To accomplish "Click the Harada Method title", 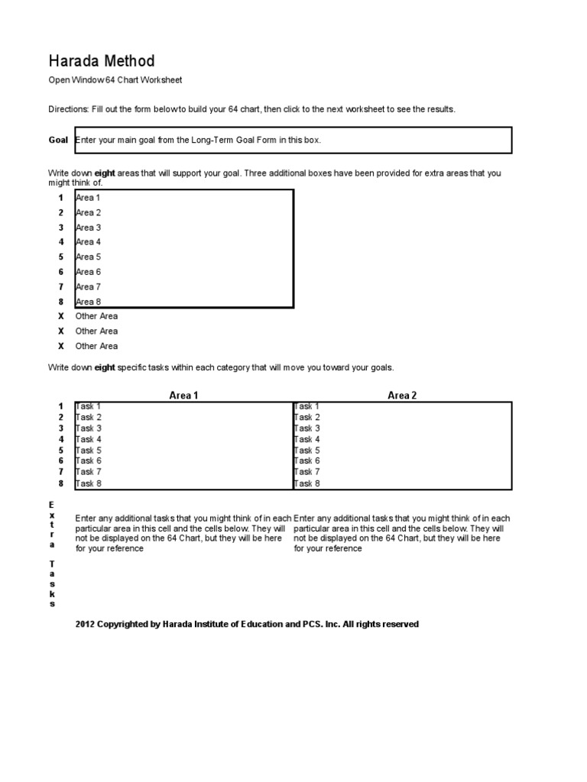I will point(102,61).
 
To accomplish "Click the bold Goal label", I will point(58,141).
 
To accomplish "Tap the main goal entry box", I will point(292,141).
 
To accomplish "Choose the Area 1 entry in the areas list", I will point(88,198).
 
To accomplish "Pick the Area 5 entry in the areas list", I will point(88,257).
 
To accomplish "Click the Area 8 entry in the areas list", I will point(88,302).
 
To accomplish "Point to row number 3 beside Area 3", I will point(60,228).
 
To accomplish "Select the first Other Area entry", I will point(96,316).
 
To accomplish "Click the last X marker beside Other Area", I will point(60,346).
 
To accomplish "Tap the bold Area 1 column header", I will point(183,396).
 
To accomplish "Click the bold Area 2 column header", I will point(402,396).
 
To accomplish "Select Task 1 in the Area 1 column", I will point(88,407).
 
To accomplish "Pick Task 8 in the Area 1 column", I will point(88,483).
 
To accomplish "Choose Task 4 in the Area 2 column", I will point(307,440).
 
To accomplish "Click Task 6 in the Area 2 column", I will point(307,461).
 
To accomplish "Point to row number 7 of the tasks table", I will point(60,472).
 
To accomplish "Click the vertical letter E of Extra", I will point(52,506).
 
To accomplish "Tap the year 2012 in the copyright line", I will point(85,625).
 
